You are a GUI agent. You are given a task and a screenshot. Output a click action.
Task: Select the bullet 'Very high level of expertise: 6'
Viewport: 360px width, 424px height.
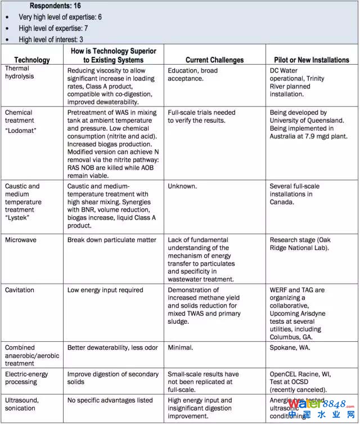point(60,17)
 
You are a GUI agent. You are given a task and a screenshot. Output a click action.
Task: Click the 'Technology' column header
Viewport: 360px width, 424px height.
point(32,60)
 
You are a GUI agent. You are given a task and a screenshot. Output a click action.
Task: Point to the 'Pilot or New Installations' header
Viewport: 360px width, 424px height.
point(312,60)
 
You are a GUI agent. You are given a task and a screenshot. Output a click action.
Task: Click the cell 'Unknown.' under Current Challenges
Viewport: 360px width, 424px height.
point(182,186)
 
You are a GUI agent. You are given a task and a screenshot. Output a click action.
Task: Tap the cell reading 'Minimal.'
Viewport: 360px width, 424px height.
point(180,347)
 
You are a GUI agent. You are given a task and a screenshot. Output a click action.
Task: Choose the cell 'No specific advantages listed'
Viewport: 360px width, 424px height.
point(110,400)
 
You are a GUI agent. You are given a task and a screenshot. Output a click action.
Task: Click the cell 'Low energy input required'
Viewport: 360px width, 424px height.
point(105,290)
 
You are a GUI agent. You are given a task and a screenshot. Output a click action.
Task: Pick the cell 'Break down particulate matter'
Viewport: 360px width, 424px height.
point(112,240)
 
